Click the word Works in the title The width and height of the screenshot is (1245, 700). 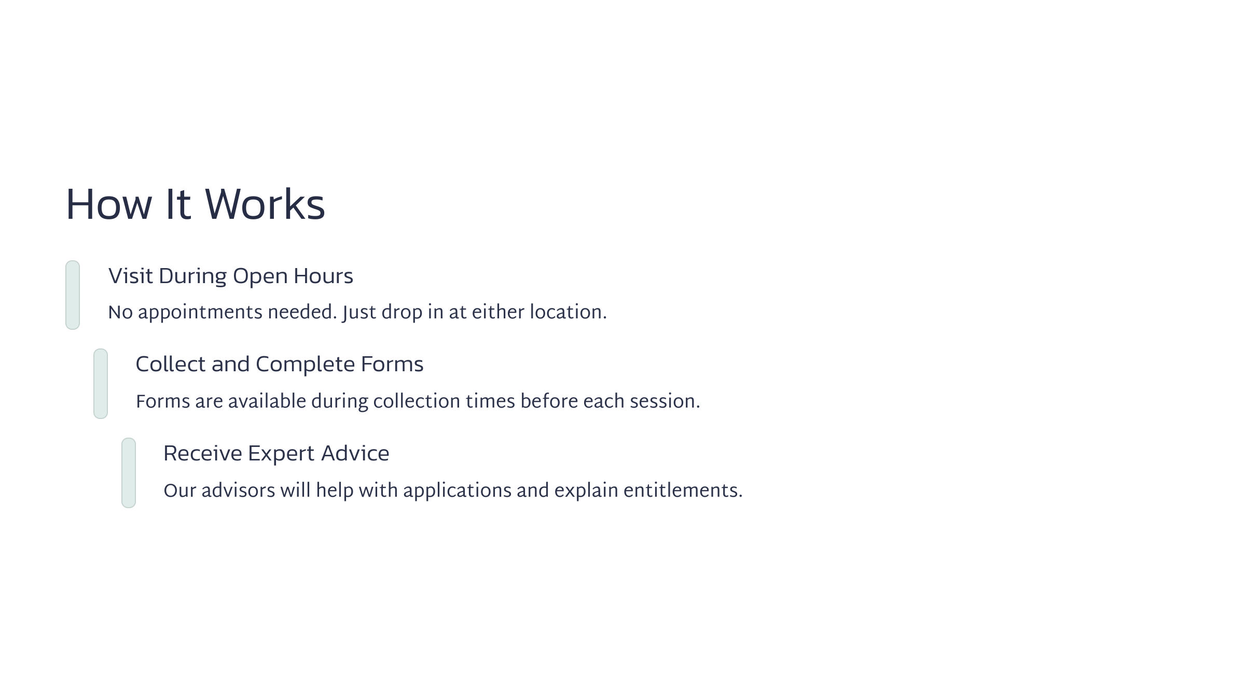pos(265,204)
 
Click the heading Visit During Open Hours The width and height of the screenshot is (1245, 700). pos(230,276)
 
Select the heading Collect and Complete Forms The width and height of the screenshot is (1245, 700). pos(280,365)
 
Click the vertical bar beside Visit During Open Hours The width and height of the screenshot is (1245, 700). pos(73,295)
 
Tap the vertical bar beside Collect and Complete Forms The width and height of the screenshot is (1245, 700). pos(101,384)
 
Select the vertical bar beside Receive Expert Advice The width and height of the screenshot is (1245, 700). pos(129,473)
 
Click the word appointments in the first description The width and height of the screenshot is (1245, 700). pos(200,313)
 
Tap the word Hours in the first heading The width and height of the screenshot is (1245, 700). pos(323,276)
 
